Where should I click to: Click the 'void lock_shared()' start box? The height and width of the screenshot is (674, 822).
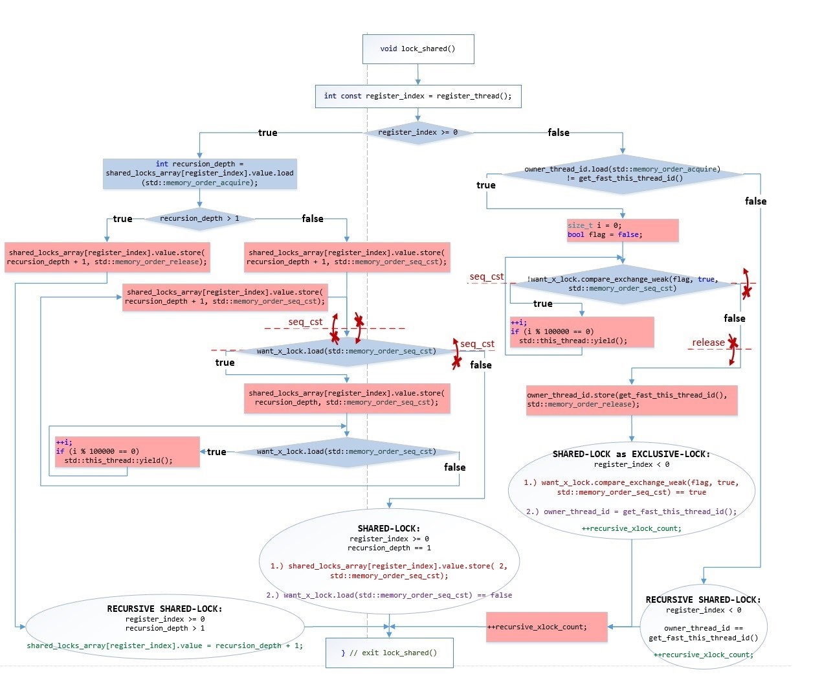click(417, 49)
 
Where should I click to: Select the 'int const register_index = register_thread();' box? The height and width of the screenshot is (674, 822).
click(417, 96)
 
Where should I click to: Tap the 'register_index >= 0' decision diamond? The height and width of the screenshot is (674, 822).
click(417, 133)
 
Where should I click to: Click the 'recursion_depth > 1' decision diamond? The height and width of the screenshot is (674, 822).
click(199, 219)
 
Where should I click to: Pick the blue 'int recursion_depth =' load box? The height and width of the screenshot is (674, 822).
click(199, 174)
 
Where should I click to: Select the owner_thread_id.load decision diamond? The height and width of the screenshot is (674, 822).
click(622, 174)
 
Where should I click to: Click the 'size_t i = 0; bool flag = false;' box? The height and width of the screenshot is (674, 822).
click(622, 230)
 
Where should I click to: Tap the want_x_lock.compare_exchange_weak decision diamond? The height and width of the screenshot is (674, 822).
click(622, 284)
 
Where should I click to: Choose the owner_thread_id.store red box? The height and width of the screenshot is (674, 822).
click(631, 400)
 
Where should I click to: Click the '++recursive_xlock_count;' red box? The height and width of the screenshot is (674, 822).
click(546, 627)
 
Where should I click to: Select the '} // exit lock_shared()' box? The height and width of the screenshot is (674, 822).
click(389, 653)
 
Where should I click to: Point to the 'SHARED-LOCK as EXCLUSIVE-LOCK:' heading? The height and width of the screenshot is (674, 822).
click(631, 454)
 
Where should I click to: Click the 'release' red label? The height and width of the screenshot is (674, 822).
click(708, 343)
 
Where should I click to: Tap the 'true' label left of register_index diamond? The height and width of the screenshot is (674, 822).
click(267, 133)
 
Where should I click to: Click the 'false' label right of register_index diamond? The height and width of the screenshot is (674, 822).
click(558, 133)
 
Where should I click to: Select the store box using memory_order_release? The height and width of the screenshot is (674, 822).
click(107, 258)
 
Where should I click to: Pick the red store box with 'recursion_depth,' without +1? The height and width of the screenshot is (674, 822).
click(346, 398)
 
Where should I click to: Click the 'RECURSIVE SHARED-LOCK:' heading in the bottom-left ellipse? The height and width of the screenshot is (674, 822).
click(164, 609)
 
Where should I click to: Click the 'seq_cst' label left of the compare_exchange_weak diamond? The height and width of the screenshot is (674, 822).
click(486, 276)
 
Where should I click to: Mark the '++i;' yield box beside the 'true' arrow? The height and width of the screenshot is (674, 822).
click(127, 452)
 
